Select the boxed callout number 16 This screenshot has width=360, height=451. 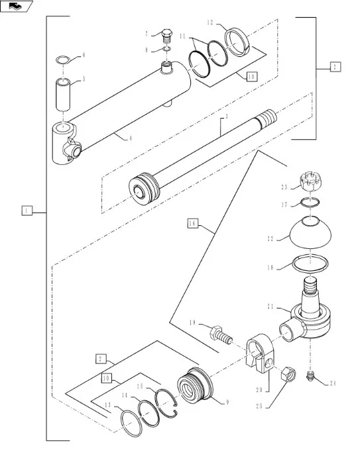(x=193, y=223)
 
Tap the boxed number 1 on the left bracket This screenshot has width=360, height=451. (x=27, y=211)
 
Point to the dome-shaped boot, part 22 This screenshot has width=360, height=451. (x=310, y=232)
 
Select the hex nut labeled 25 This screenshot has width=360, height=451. (x=288, y=374)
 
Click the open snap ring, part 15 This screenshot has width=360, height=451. (x=167, y=403)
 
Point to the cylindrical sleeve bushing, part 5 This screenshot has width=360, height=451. (x=63, y=95)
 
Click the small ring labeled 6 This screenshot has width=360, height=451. (x=62, y=60)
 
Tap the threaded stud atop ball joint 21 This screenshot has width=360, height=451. (x=310, y=286)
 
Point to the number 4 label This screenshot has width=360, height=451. (x=130, y=138)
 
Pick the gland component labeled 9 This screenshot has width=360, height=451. (x=195, y=383)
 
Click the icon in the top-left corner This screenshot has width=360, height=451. (x=15, y=6)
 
